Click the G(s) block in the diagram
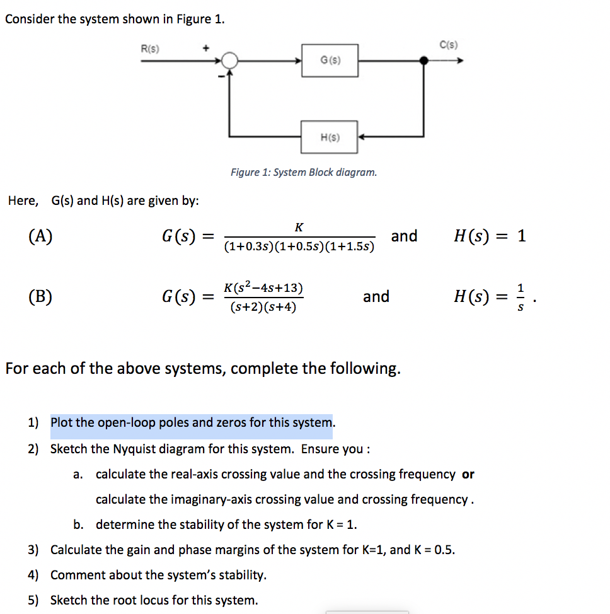[x=330, y=60]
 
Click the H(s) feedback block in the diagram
[x=329, y=137]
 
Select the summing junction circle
[x=230, y=61]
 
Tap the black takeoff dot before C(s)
[x=424, y=61]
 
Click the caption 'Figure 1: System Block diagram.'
[x=304, y=172]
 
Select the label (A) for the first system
[x=40, y=236]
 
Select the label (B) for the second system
[x=40, y=296]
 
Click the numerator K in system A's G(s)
[x=299, y=227]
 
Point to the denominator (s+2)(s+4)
[x=263, y=308]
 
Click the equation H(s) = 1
[x=490, y=236]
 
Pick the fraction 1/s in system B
[x=520, y=297]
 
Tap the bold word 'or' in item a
[x=468, y=474]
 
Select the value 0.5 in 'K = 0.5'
[x=444, y=550]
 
